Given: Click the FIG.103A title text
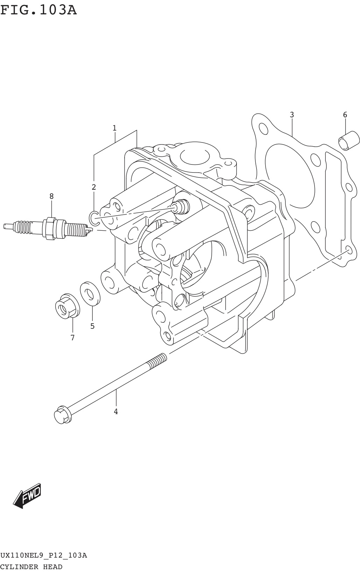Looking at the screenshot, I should coord(38,11).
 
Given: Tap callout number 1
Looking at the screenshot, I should coord(114,128).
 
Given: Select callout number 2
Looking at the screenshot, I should coord(94,187).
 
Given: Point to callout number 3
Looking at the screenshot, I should coord(292,115).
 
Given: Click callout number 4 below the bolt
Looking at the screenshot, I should coord(116,412).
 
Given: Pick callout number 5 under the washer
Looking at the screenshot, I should coord(92,326).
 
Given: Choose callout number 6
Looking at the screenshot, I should coord(345,115).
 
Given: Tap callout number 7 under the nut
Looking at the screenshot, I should coord(72,338).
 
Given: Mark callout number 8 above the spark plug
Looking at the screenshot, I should coord(51,196).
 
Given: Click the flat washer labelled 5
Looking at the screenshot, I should coord(90,292).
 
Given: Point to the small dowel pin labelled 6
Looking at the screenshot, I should coord(348,141).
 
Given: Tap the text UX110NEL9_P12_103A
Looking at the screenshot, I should coord(43,555).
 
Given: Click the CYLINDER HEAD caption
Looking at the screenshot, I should coord(31,567).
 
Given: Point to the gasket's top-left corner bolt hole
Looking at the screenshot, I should coord(263,128).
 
